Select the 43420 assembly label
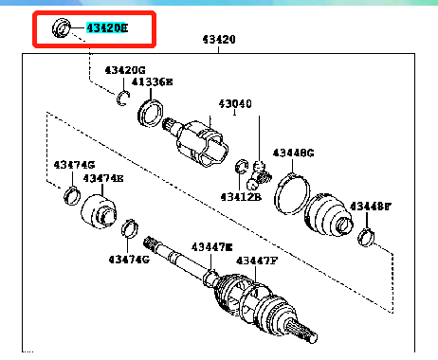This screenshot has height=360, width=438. pos(219,41)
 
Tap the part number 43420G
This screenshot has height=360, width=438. pos(125,70)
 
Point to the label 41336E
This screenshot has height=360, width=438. pos(152,82)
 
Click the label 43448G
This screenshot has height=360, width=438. pos(294,153)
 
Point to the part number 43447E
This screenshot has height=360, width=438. pos(210,246)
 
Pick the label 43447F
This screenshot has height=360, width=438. pos(258,261)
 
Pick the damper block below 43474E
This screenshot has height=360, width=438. pos(98,210)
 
